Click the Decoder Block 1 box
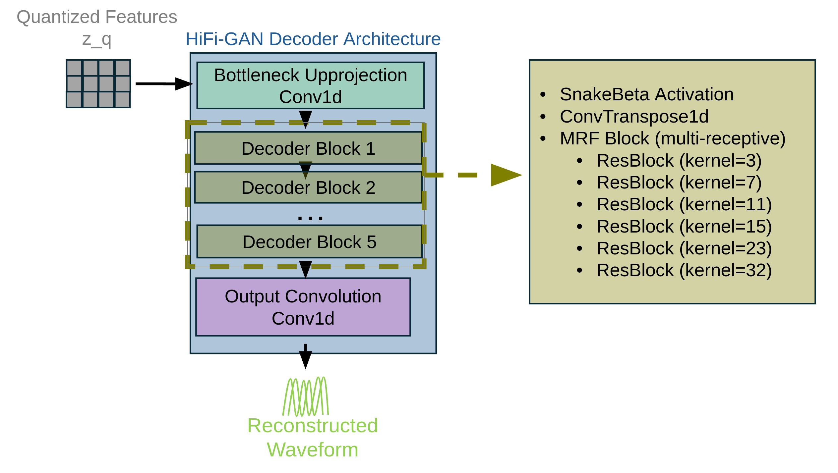point(308,148)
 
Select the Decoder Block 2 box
point(308,187)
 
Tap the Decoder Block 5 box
point(309,241)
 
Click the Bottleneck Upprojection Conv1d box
point(310,85)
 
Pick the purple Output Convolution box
point(303,307)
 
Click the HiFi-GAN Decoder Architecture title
point(313,39)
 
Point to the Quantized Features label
point(97,17)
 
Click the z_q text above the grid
point(97,40)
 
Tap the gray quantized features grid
point(98,84)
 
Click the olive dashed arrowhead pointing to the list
point(505,175)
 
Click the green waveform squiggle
point(306,397)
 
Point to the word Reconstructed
point(312,426)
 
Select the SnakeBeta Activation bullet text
point(646,94)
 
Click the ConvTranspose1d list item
point(634,117)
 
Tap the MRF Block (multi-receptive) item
point(672,138)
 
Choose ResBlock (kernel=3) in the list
point(679,161)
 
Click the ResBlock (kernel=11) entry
point(684,204)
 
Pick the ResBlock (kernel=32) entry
point(684,270)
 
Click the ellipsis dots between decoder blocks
point(310,218)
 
